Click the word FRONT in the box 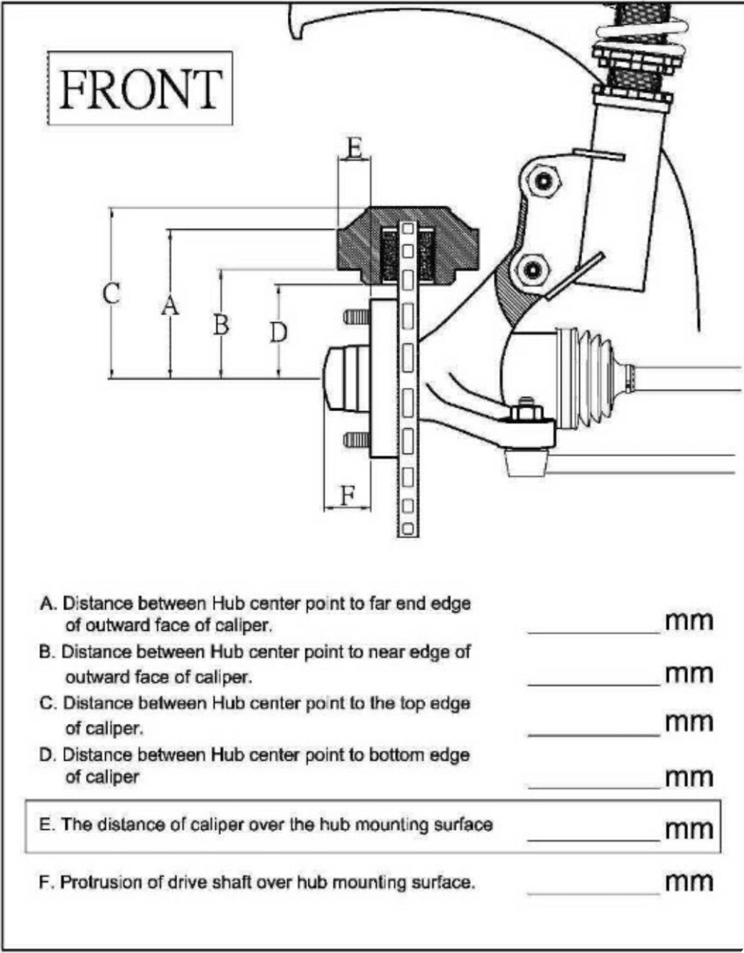point(140,89)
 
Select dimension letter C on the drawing point(112,293)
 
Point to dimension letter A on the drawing point(170,305)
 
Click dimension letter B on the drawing point(221,324)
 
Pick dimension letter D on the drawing point(279,332)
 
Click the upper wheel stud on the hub point(357,317)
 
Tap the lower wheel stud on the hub point(357,440)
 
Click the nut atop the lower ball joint point(526,410)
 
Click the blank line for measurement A point(594,633)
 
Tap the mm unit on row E point(689,830)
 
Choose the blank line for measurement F point(594,893)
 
